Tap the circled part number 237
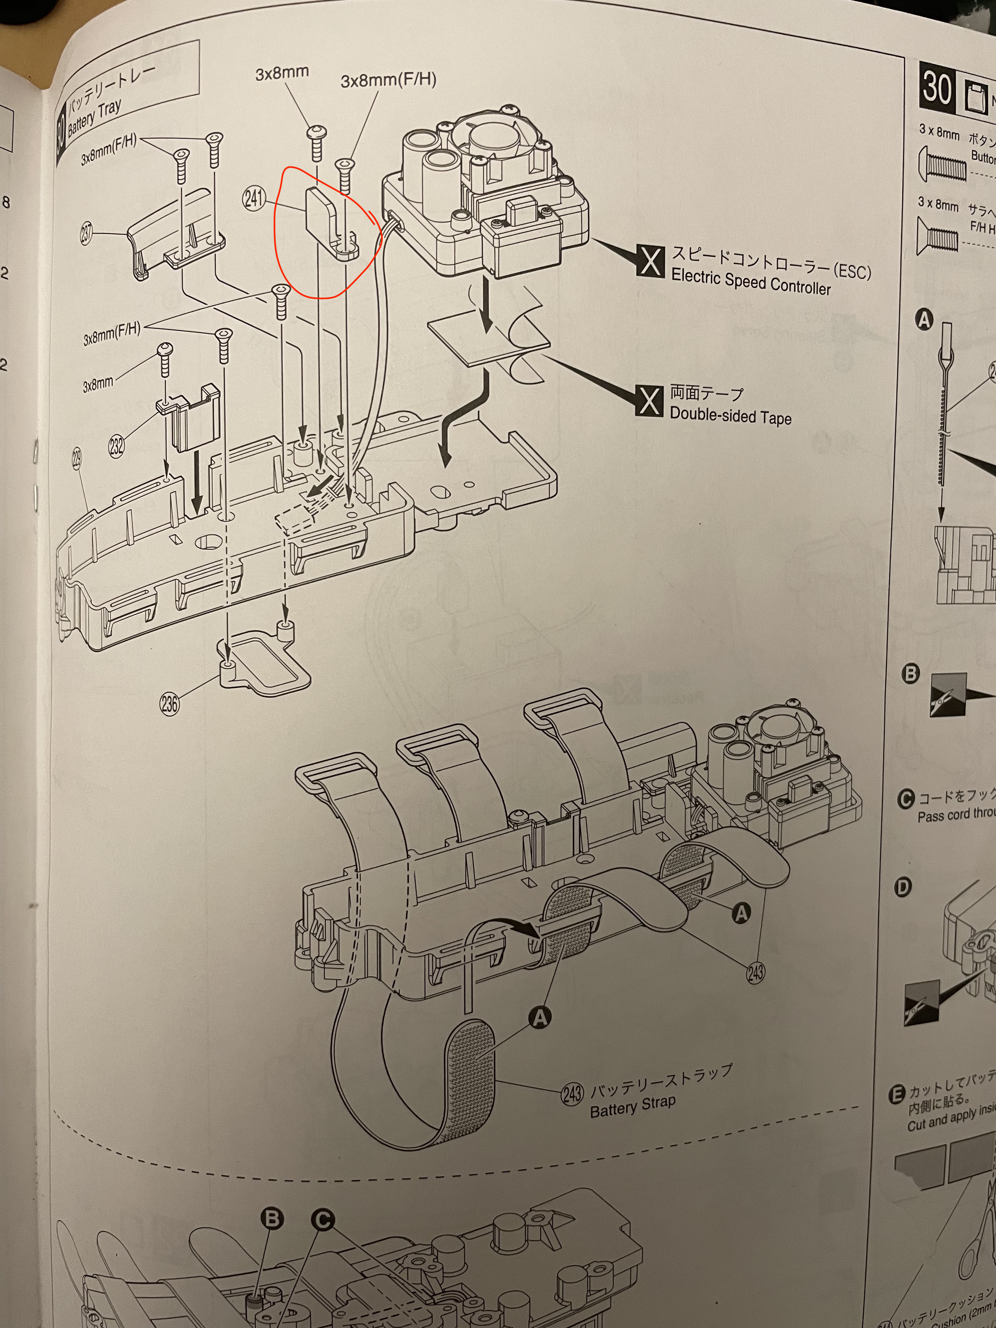tap(88, 234)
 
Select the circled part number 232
tap(117, 446)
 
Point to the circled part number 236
tap(170, 703)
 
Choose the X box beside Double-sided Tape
tap(649, 401)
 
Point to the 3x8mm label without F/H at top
tap(282, 73)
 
